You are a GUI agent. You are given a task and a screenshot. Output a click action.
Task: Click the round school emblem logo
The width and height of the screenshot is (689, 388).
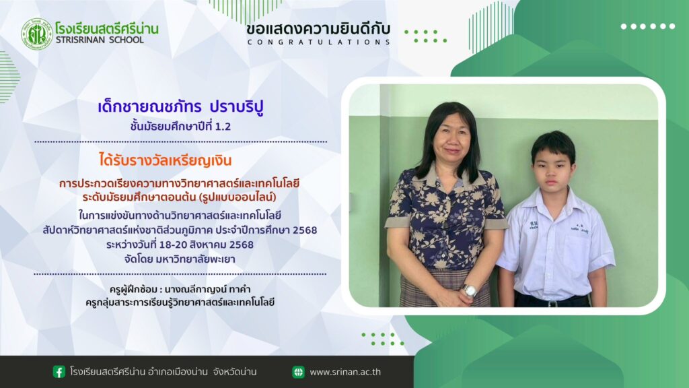coord(37,34)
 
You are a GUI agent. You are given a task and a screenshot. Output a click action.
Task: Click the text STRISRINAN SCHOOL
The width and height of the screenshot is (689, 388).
coord(100,40)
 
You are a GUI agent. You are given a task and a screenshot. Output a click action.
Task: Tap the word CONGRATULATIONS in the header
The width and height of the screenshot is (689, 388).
coord(318,42)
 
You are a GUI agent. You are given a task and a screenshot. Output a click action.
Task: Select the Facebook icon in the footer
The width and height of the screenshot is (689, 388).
coord(59,372)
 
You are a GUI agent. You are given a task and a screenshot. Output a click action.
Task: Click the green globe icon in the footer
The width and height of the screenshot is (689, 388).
coord(298,372)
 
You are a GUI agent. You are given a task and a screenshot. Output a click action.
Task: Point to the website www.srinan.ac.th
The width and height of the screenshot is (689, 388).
coord(345,372)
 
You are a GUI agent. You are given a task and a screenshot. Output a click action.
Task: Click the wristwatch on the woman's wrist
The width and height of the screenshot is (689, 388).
coord(470,290)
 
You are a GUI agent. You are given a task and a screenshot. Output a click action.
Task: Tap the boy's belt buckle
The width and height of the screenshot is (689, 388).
coord(553,303)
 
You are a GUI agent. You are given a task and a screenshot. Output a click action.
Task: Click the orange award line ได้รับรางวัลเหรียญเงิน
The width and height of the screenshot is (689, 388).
coord(166,160)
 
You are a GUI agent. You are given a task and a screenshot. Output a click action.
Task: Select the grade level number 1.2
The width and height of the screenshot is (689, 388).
coord(223,127)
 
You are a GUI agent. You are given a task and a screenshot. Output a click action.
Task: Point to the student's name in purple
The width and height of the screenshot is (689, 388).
coord(180,107)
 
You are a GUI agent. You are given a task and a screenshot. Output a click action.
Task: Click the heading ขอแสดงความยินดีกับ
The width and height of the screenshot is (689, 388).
coord(318,29)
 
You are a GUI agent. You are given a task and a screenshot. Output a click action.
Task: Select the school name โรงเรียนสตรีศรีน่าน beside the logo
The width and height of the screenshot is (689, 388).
coord(107,28)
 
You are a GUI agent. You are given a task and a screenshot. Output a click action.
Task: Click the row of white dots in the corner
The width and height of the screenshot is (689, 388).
coord(648,26)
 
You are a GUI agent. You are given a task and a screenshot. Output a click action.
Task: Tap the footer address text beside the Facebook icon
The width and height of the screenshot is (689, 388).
coord(163,372)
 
